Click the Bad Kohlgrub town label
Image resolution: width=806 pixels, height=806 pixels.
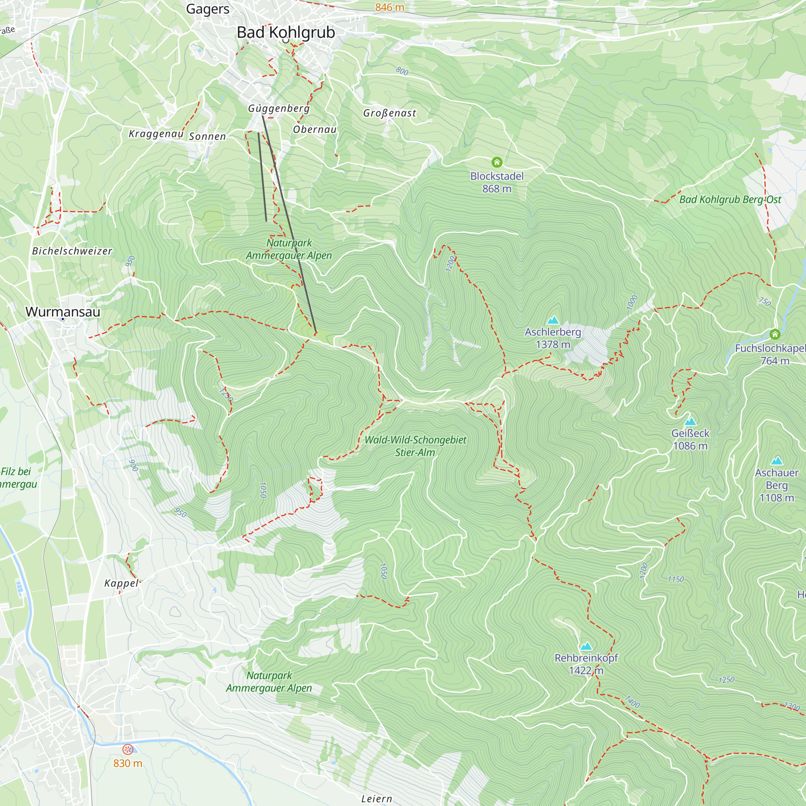coord(286,33)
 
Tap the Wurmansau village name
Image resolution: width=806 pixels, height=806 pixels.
coord(63,312)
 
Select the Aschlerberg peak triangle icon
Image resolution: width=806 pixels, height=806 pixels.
coord(553,320)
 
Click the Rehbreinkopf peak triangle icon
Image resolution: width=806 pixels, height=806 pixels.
coord(586,646)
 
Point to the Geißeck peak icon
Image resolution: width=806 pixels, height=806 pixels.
coord(690,422)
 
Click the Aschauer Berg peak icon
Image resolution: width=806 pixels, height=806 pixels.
coord(777,461)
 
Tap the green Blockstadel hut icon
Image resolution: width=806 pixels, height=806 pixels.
coord(496,162)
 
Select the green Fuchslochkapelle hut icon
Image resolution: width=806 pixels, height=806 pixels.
coord(775,334)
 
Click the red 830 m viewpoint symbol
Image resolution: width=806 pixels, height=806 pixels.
coord(128,750)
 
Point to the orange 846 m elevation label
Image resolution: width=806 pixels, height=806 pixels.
coord(389,7)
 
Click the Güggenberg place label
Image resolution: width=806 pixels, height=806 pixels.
coord(279,108)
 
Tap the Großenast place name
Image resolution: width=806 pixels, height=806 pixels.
coord(389,113)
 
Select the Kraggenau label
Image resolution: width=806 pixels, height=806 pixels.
coord(156,134)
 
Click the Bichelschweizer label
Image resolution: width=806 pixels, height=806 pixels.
coord(72,251)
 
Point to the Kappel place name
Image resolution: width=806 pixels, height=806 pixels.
coord(121,583)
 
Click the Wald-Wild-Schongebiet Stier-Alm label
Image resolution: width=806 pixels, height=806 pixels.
coord(415,446)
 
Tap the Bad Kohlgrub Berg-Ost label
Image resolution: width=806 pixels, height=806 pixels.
coord(730,199)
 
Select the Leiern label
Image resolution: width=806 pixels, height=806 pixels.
coord(376,798)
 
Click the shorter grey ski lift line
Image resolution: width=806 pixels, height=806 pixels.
coord(262,177)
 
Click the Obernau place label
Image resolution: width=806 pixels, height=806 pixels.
coord(315,129)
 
